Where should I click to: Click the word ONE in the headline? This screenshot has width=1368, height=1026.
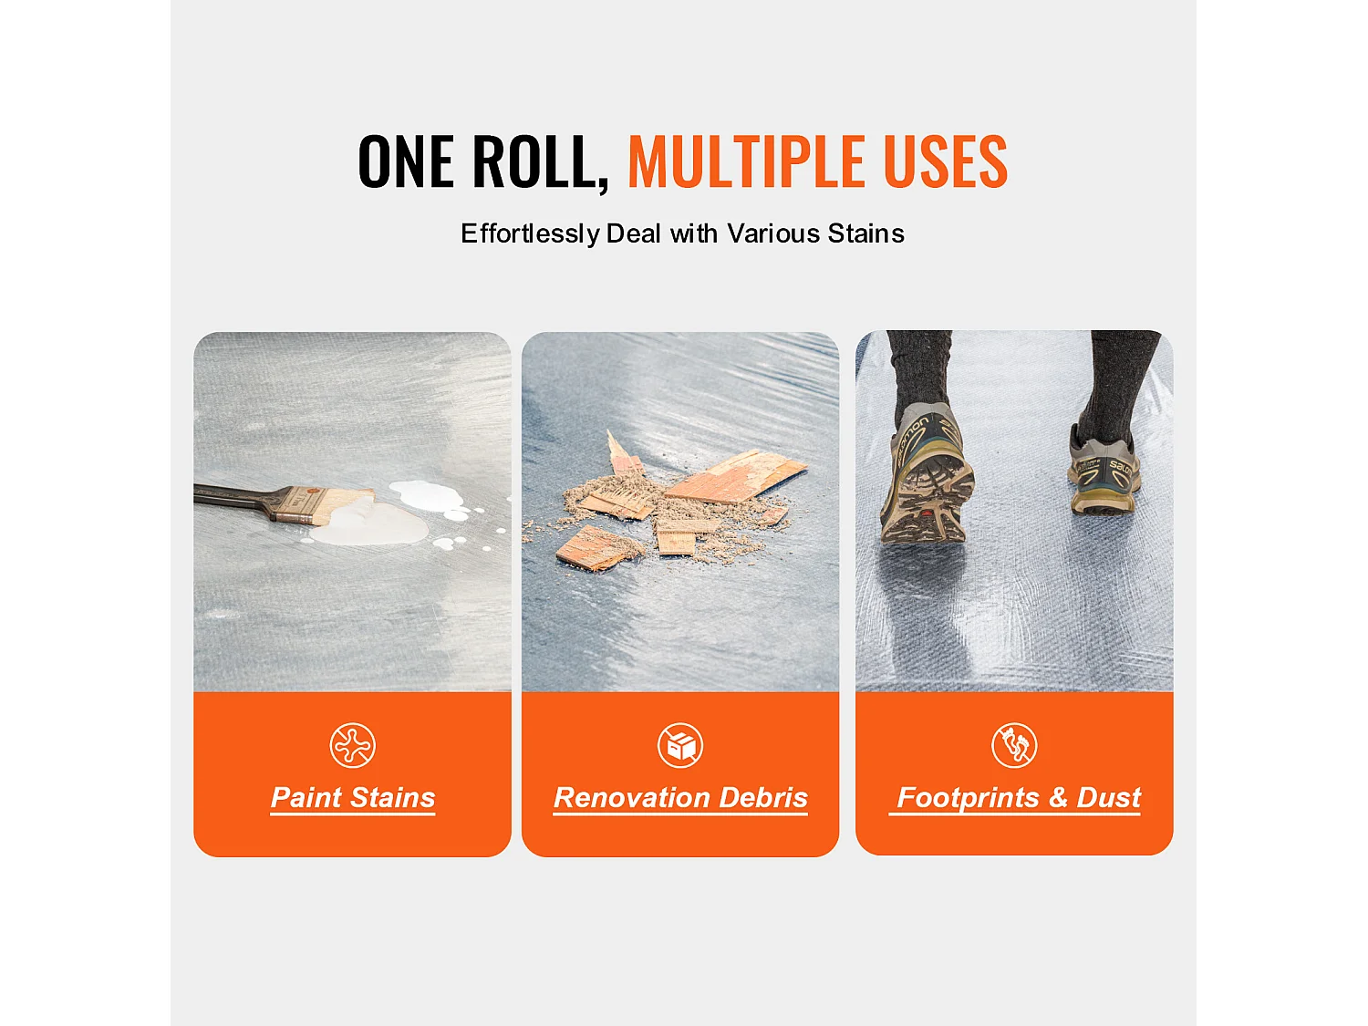pyautogui.click(x=406, y=161)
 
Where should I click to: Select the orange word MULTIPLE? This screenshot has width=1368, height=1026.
pyautogui.click(x=746, y=161)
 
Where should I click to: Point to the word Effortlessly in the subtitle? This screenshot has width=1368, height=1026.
pyautogui.click(x=531, y=234)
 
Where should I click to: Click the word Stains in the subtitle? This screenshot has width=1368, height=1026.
pyautogui.click(x=865, y=233)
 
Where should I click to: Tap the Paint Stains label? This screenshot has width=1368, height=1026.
pyautogui.click(x=353, y=797)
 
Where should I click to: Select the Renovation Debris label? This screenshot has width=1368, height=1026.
pyautogui.click(x=680, y=797)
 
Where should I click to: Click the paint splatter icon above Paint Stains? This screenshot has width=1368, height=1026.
pyautogui.click(x=353, y=745)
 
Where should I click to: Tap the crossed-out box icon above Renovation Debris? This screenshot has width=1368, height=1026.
pyautogui.click(x=680, y=745)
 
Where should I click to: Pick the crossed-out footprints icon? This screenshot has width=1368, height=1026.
pyautogui.click(x=1015, y=745)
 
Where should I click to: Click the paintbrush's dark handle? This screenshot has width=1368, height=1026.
pyautogui.click(x=234, y=496)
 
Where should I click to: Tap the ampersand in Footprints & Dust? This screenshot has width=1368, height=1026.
pyautogui.click(x=1058, y=797)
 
